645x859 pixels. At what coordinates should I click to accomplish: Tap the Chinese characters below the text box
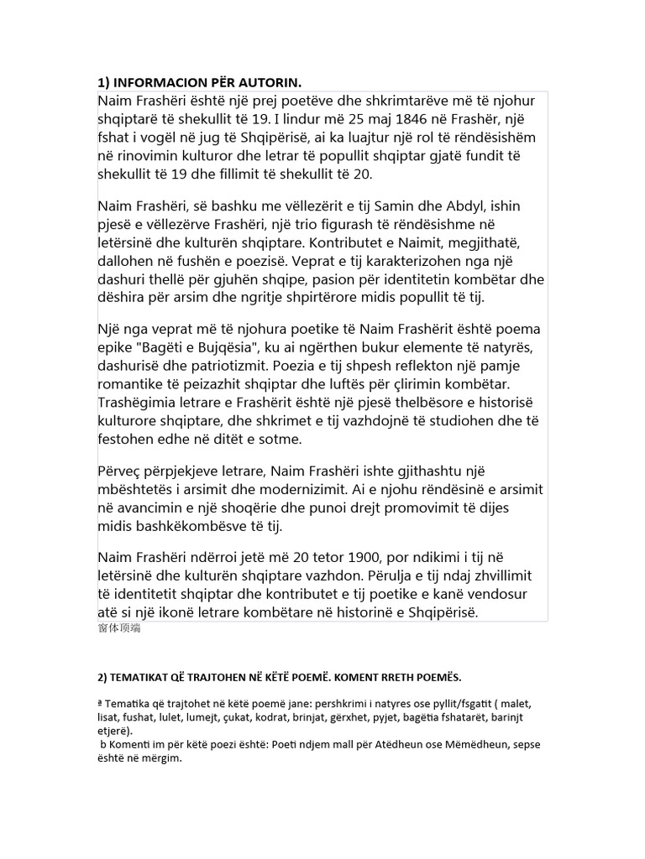(119, 627)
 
